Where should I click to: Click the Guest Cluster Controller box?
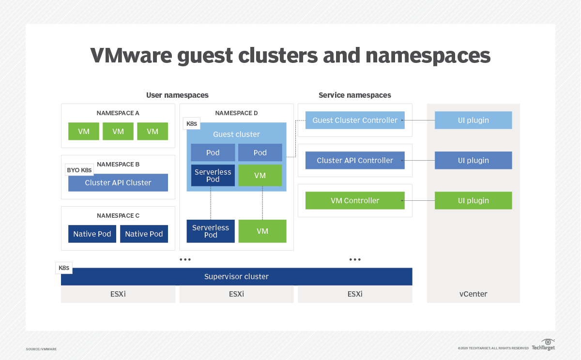click(x=355, y=120)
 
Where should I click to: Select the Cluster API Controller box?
click(x=355, y=161)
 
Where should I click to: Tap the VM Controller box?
click(x=355, y=201)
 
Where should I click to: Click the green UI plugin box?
click(x=473, y=201)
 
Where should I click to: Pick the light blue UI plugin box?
click(x=473, y=120)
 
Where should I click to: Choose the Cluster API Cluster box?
click(x=118, y=183)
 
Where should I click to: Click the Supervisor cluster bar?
click(x=236, y=277)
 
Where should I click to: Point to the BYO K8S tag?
click(x=79, y=170)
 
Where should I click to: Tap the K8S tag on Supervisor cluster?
click(x=64, y=268)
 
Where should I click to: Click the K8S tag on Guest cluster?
click(x=192, y=124)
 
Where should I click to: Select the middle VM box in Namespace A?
click(x=118, y=132)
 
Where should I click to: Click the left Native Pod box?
click(x=92, y=234)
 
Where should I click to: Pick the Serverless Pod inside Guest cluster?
click(x=213, y=176)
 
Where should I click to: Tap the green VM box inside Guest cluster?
click(x=260, y=176)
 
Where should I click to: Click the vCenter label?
click(x=473, y=294)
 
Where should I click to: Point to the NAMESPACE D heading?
click(x=236, y=113)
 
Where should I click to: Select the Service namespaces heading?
click(x=354, y=95)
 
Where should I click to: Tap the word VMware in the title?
click(x=131, y=56)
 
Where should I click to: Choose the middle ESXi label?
click(x=236, y=294)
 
